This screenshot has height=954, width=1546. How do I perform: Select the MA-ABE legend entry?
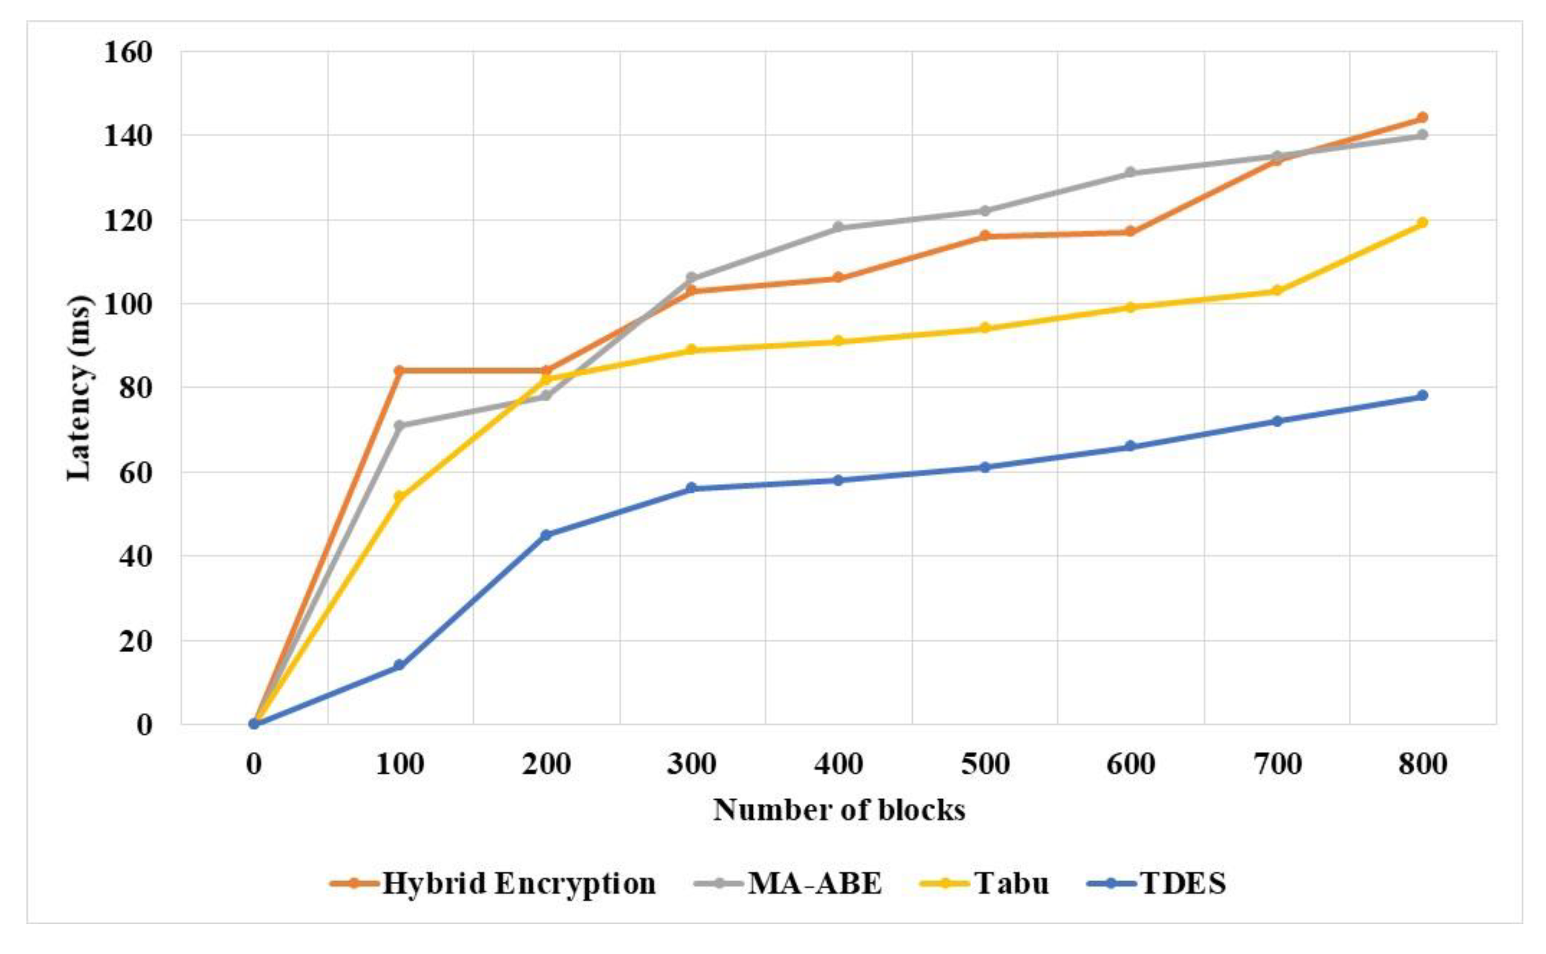788,883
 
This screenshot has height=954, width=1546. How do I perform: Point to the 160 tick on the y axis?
127,52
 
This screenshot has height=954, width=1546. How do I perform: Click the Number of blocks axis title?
839,810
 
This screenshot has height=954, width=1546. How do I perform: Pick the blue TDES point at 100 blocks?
399,665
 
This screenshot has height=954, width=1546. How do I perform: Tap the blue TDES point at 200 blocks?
546,535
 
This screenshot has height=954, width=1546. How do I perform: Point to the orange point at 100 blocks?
399,370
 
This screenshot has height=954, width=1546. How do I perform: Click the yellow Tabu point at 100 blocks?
399,497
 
